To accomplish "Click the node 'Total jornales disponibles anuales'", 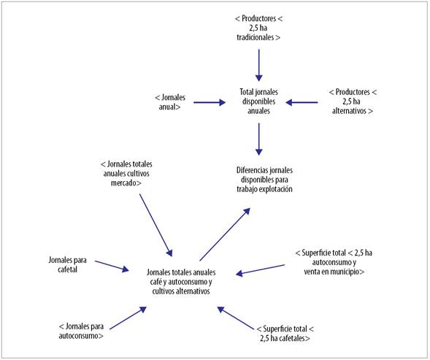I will point(258,102).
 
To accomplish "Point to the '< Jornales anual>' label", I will point(172,102).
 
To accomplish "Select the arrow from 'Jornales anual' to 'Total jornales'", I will point(210,103).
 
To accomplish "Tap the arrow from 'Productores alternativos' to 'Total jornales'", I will point(302,103).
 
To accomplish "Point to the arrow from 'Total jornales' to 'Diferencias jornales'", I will point(258,138).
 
